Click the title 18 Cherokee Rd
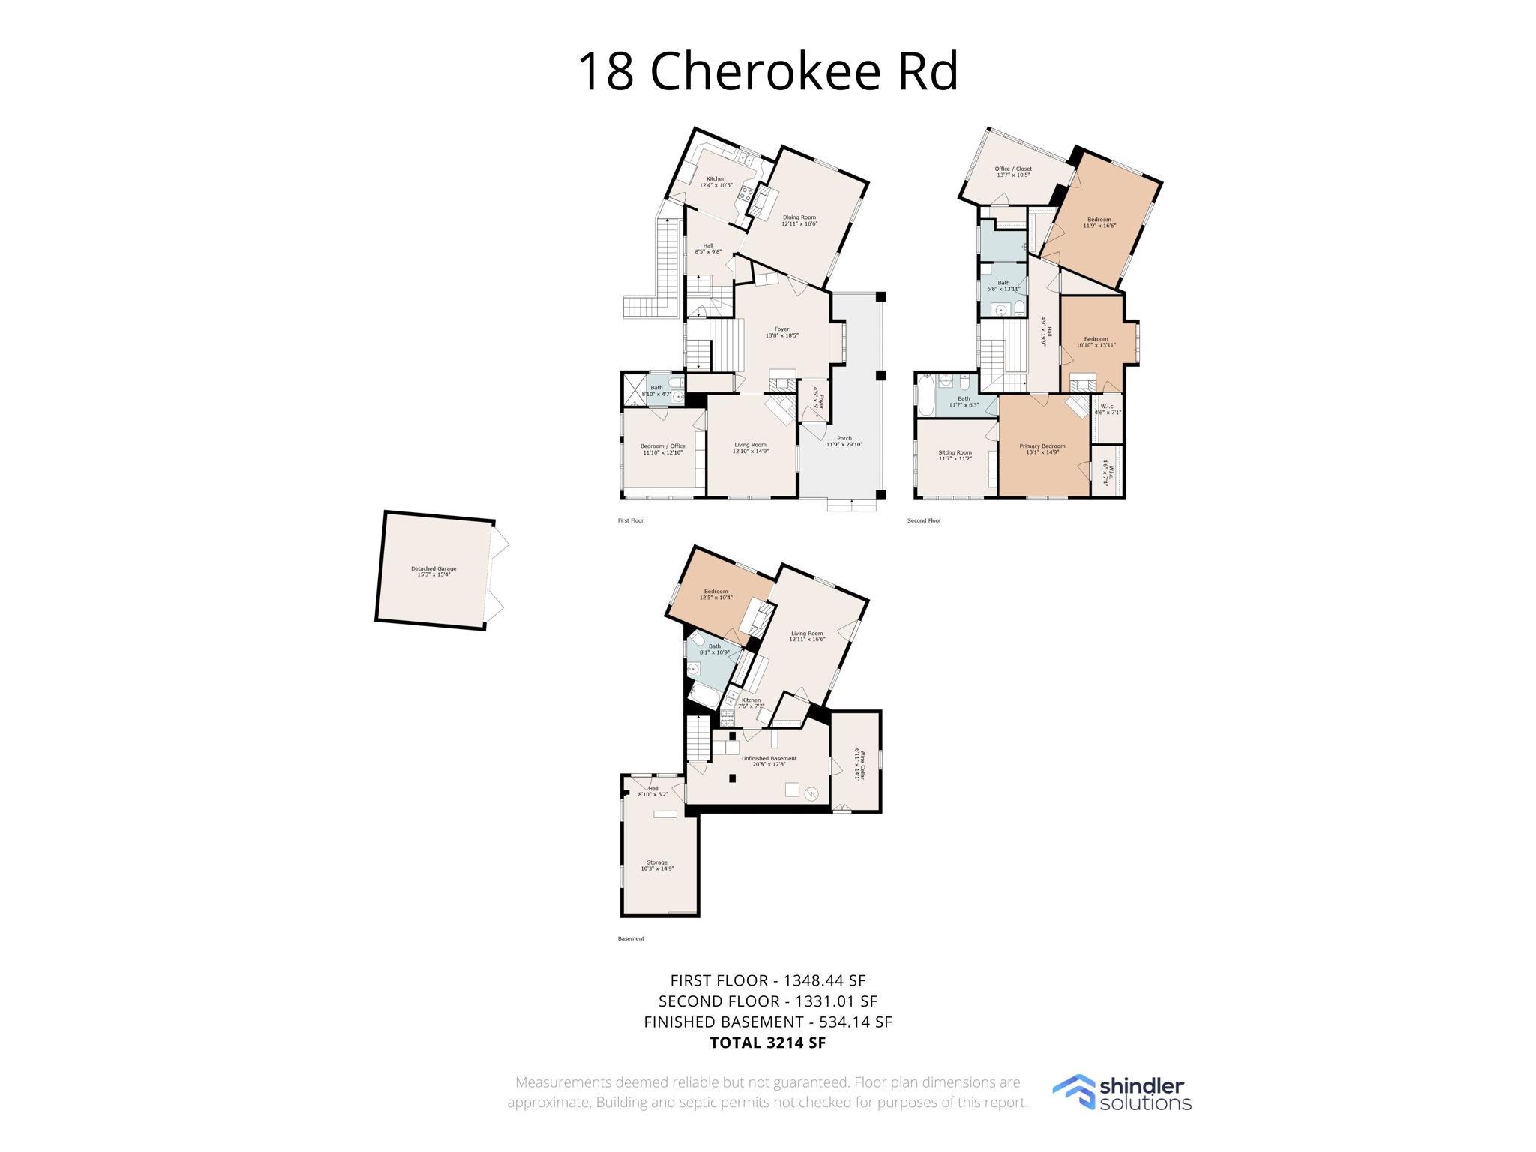tap(767, 71)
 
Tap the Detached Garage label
tap(433, 571)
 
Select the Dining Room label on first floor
tap(799, 220)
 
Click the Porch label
tap(844, 441)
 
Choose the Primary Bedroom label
tap(1042, 448)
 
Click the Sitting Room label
tap(955, 454)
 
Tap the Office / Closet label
tap(1012, 171)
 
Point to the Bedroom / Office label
tap(662, 448)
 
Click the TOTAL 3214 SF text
tap(767, 1042)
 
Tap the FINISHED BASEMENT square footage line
tap(767, 1021)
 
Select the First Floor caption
tap(630, 520)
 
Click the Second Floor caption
tap(923, 520)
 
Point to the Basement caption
tap(630, 938)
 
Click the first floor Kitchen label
tap(715, 181)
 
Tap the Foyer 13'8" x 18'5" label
tap(781, 331)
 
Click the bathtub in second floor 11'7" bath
tap(925, 397)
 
